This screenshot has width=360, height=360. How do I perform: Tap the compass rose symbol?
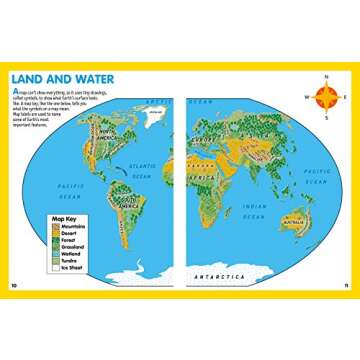[x=326, y=96]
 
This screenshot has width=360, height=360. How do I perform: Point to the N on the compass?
[x=326, y=79]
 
